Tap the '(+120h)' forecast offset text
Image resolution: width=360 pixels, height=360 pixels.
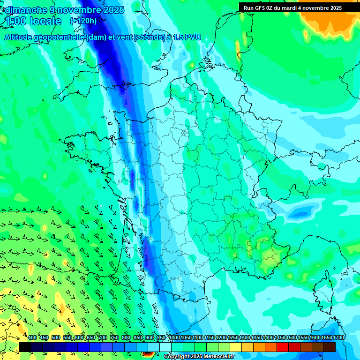[x=83, y=21]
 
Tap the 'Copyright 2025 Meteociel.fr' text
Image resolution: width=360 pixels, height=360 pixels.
[x=199, y=357]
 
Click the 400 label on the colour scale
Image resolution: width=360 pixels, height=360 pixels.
[x=32, y=338]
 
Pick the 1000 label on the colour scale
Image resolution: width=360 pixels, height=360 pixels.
[x=174, y=338]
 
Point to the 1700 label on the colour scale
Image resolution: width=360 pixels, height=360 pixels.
[x=338, y=338]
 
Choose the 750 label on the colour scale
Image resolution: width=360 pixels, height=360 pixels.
[x=114, y=338]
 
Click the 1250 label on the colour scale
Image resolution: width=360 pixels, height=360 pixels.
[x=233, y=338]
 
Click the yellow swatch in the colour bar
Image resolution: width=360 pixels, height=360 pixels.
[x=236, y=347]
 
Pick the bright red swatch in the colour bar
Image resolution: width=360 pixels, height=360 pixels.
[x=283, y=347]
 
